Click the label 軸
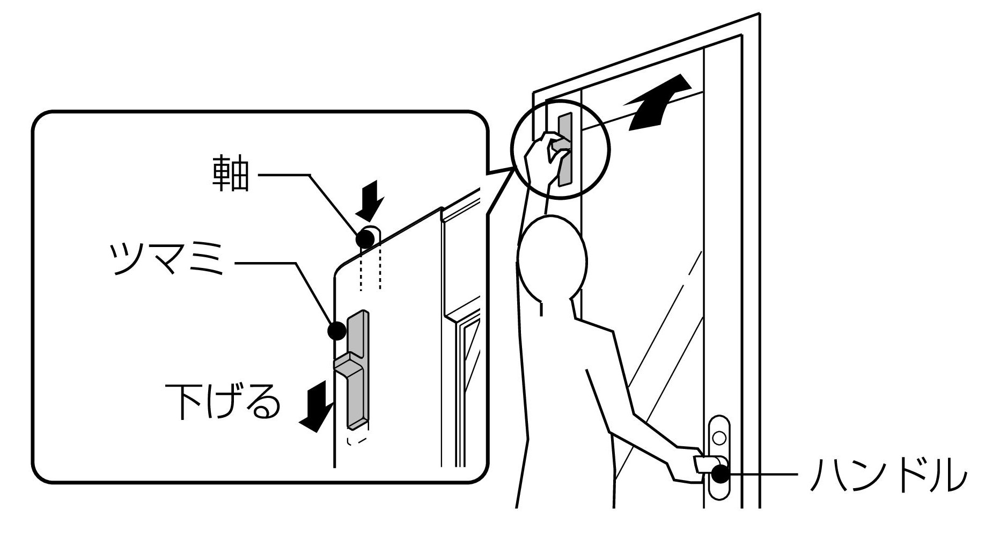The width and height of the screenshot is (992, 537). tap(231, 175)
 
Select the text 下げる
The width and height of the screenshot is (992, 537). tap(223, 402)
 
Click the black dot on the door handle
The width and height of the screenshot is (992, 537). tap(721, 475)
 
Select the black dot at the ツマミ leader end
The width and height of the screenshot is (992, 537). tap(336, 330)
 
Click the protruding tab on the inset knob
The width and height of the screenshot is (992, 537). tap(349, 365)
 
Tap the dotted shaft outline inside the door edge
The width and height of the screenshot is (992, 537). tap(370, 268)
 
